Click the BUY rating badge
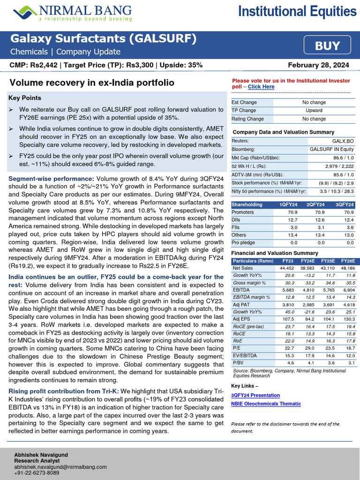tap(328, 45)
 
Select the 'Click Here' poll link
tap(261, 87)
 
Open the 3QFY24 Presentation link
tap(255, 395)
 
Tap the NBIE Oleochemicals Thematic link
tap(266, 404)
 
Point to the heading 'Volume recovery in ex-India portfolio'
tap(92, 83)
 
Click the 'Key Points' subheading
tap(24, 98)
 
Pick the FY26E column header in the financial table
tap(347, 260)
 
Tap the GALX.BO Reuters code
tap(343, 141)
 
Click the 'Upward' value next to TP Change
tap(314, 111)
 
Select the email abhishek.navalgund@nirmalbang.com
tap(60, 467)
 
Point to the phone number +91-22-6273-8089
tap(37, 473)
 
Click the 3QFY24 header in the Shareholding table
tap(345, 204)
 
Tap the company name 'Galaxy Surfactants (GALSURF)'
tap(103, 38)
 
